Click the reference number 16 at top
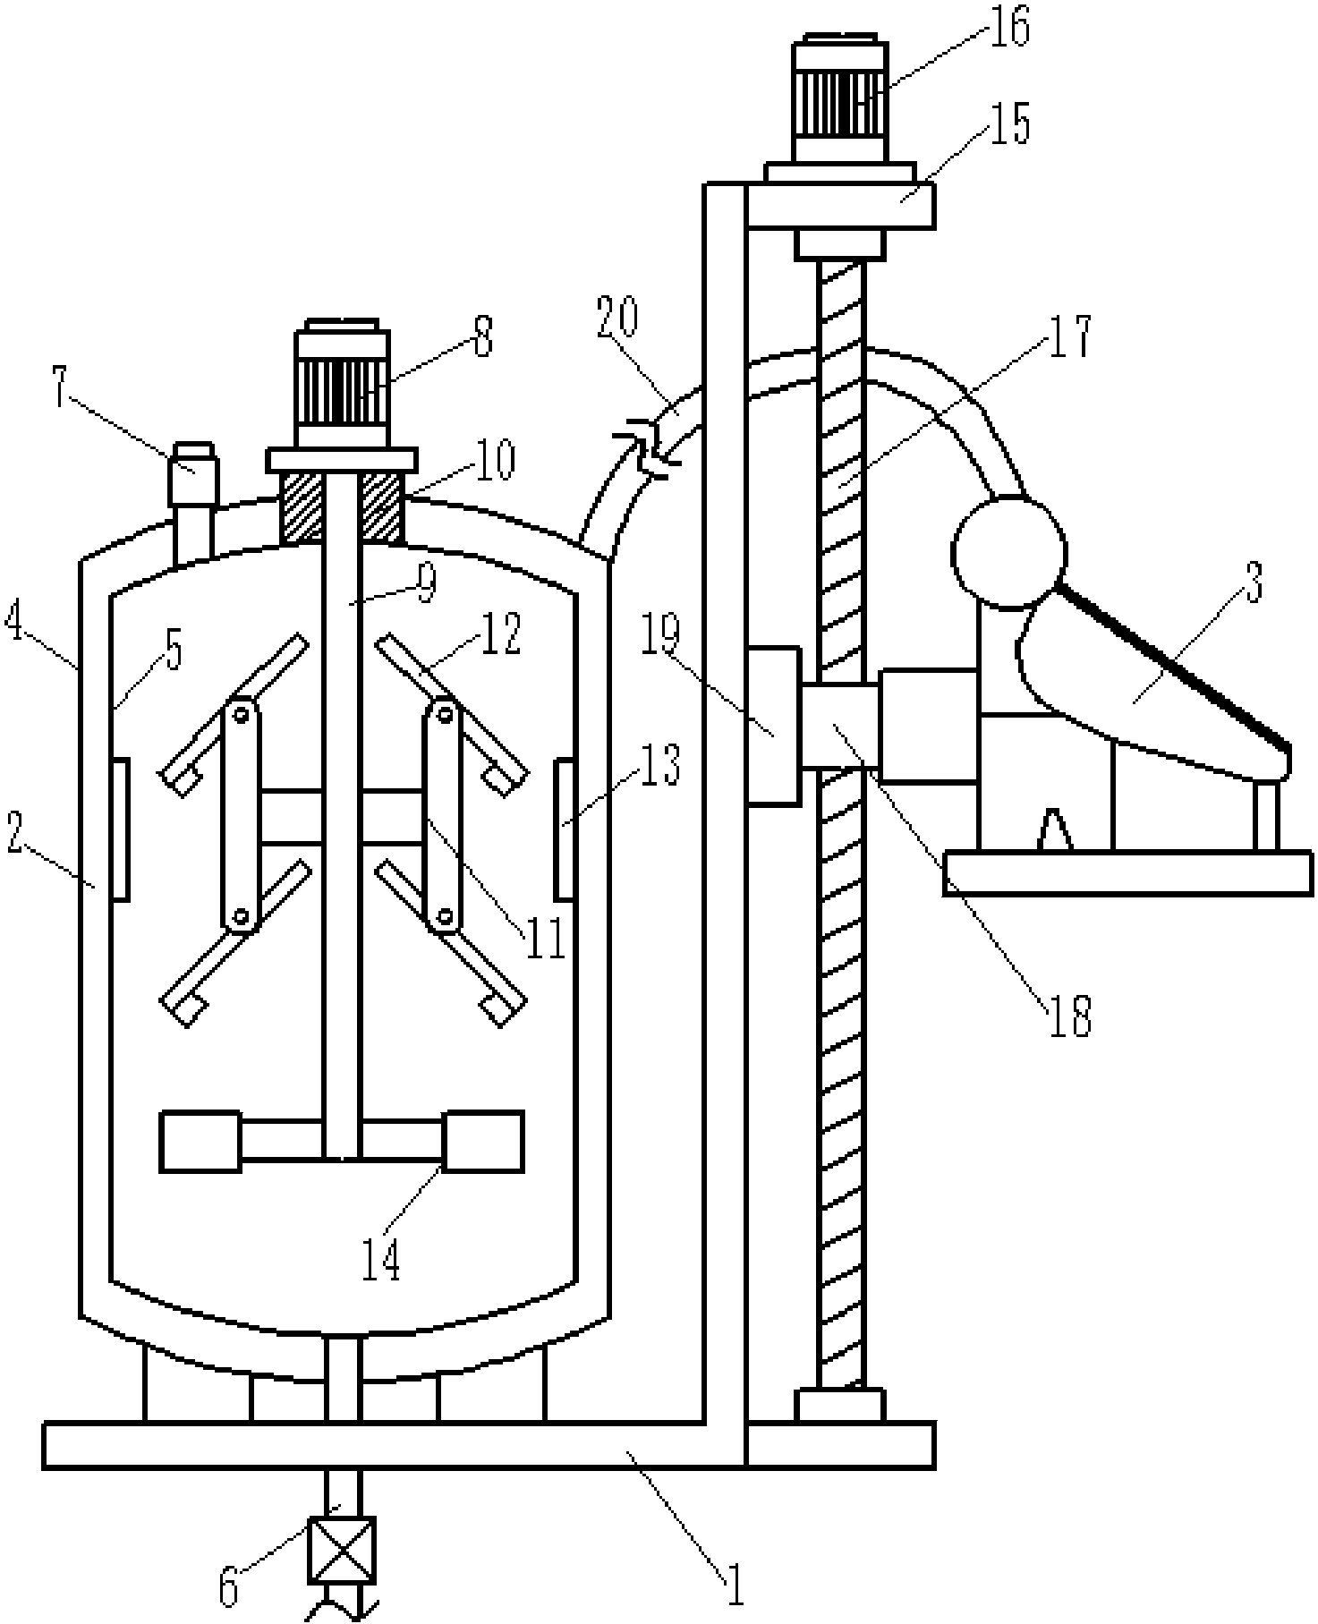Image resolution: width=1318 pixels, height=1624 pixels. (x=1009, y=29)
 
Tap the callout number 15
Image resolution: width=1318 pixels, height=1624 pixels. (x=1009, y=124)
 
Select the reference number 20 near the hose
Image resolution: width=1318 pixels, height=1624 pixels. (x=618, y=319)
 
